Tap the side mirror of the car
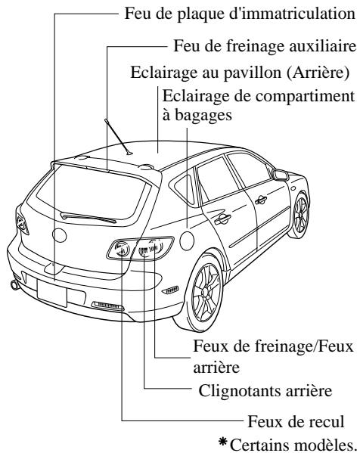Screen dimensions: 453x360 click(281, 175)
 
